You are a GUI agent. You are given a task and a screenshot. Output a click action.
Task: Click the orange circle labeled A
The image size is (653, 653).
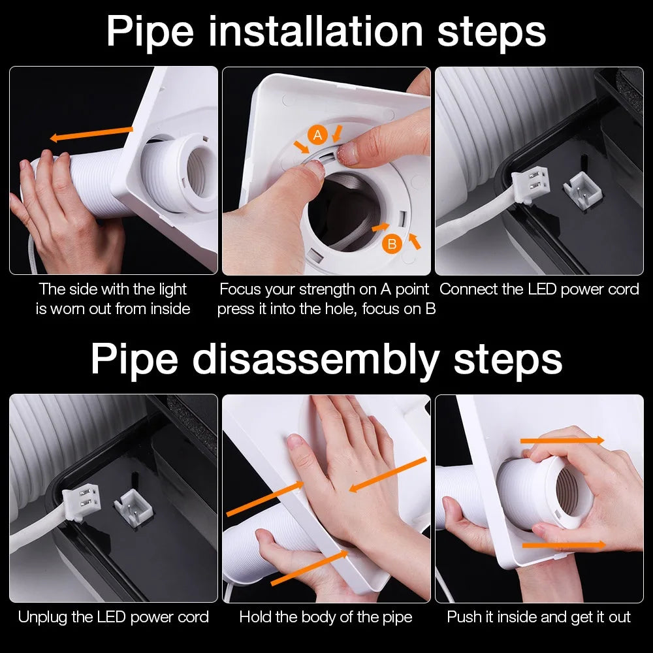click(x=318, y=135)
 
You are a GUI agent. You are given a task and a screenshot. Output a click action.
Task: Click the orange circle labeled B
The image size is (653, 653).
click(x=392, y=244)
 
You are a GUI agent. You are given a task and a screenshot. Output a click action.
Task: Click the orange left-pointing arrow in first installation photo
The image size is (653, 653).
click(x=91, y=134)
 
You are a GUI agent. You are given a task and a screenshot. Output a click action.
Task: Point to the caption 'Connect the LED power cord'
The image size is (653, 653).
click(x=539, y=289)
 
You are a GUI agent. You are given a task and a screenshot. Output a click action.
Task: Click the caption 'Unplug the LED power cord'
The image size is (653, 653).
click(x=114, y=616)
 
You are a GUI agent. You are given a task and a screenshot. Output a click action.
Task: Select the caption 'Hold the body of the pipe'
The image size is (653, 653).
click(x=326, y=616)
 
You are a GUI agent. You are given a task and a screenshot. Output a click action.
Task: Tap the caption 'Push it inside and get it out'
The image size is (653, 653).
click(x=539, y=616)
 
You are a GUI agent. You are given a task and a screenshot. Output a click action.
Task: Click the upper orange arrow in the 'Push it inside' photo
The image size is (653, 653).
click(x=562, y=441)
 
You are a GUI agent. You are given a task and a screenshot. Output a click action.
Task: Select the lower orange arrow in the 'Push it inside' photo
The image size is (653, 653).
click(x=564, y=544)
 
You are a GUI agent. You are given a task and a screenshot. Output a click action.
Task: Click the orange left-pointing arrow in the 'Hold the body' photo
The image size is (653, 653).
click(x=387, y=474)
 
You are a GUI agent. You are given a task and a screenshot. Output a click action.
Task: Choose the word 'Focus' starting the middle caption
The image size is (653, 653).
click(x=240, y=289)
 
